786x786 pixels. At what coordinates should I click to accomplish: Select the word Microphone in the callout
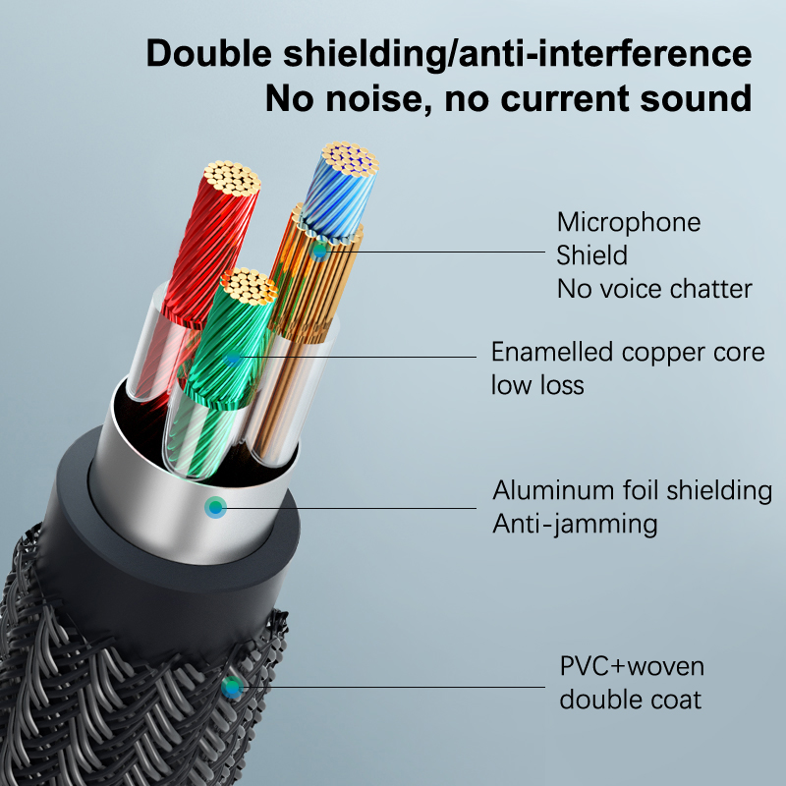coord(629,222)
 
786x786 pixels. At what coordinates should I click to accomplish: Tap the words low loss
coord(537,384)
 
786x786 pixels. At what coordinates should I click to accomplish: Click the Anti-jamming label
coord(575,523)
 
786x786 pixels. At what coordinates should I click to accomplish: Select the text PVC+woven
coord(632,667)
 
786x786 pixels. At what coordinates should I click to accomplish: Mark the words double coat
coord(631,700)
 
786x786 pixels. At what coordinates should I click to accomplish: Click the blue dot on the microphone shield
coord(318,251)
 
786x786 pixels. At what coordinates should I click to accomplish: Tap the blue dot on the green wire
coord(232,361)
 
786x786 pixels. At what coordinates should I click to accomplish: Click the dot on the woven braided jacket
coord(232,688)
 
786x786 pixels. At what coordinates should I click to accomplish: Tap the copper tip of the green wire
coord(248,286)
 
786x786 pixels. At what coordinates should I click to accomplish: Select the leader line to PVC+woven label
coord(393,688)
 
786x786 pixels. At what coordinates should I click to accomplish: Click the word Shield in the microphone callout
coord(591,255)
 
